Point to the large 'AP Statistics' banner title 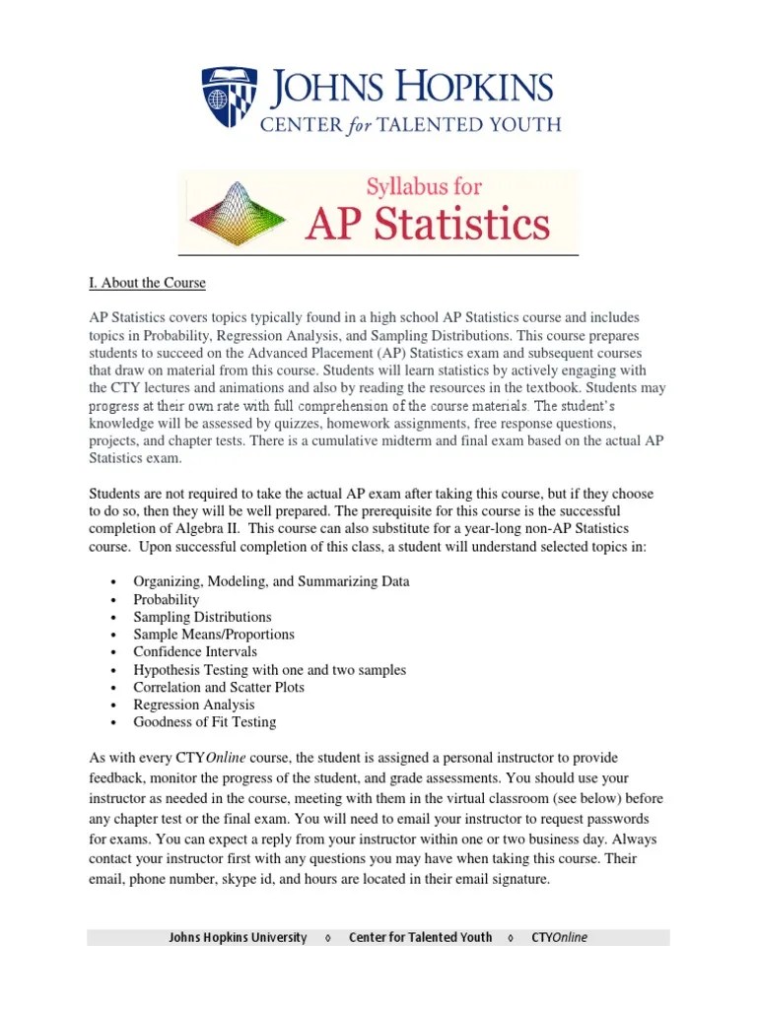[427, 223]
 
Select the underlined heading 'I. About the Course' [147, 283]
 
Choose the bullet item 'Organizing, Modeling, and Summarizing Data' [271, 581]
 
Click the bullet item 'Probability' [167, 599]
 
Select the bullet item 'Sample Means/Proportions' [214, 635]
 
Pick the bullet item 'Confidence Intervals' [195, 651]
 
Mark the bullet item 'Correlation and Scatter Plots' [219, 687]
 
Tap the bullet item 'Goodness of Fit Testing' [205, 722]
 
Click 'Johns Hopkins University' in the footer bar [238, 937]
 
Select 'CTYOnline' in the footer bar [558, 937]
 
